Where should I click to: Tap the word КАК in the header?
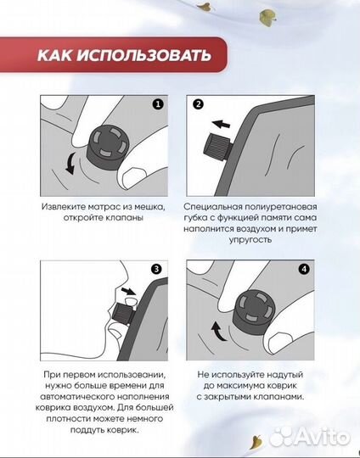(x=55, y=57)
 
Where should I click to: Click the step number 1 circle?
(x=156, y=105)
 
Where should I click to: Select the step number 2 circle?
(x=199, y=105)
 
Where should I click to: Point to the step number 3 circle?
(x=156, y=271)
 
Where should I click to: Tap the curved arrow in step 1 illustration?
(x=67, y=162)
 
